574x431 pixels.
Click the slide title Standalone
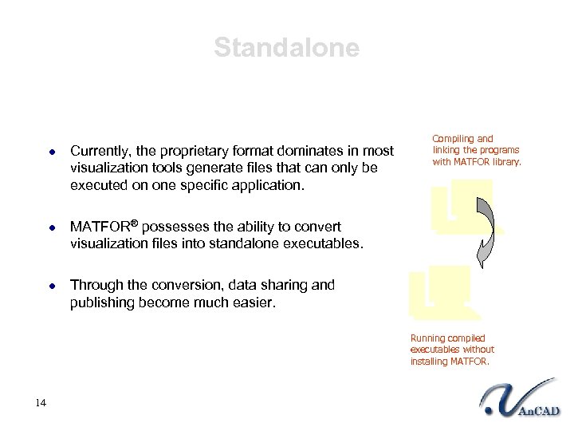(286, 48)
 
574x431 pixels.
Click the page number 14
(41, 402)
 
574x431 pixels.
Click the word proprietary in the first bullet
(192, 151)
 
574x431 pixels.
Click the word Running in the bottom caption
(428, 338)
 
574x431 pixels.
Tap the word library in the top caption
(505, 162)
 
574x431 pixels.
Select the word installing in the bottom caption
(429, 362)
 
